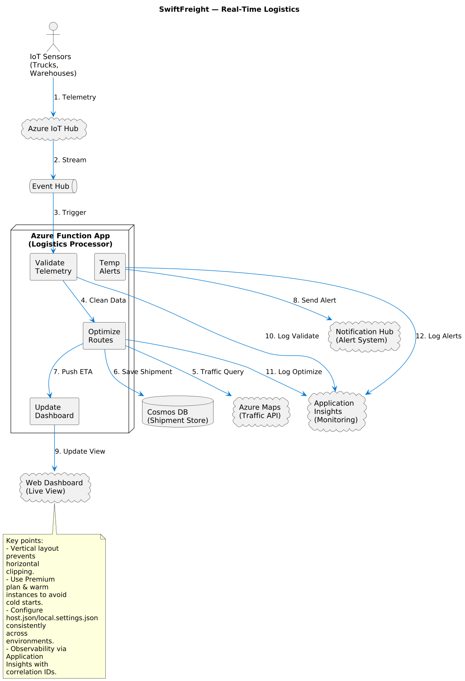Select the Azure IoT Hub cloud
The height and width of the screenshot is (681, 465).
(53, 129)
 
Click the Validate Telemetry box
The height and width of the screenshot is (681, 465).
(53, 267)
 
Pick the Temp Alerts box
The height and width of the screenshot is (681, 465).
(110, 267)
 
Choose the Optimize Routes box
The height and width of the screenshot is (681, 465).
(104, 336)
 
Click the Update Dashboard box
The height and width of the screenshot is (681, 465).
(54, 412)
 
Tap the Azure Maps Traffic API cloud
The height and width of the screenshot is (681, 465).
(260, 412)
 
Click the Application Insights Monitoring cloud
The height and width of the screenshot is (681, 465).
(336, 412)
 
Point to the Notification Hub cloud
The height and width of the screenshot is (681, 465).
(364, 336)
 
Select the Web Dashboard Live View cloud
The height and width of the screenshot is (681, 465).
(55, 487)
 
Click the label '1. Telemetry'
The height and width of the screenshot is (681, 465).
(75, 97)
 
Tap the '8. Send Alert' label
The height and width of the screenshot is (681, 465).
(314, 300)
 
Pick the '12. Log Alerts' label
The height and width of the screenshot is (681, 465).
(438, 336)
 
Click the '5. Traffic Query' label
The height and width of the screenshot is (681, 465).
(218, 372)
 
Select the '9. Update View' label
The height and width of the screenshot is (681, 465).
(80, 452)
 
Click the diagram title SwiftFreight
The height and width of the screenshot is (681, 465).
(229, 9)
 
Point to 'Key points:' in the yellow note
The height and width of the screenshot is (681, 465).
(24, 541)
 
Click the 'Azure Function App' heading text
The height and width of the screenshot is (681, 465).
(70, 236)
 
